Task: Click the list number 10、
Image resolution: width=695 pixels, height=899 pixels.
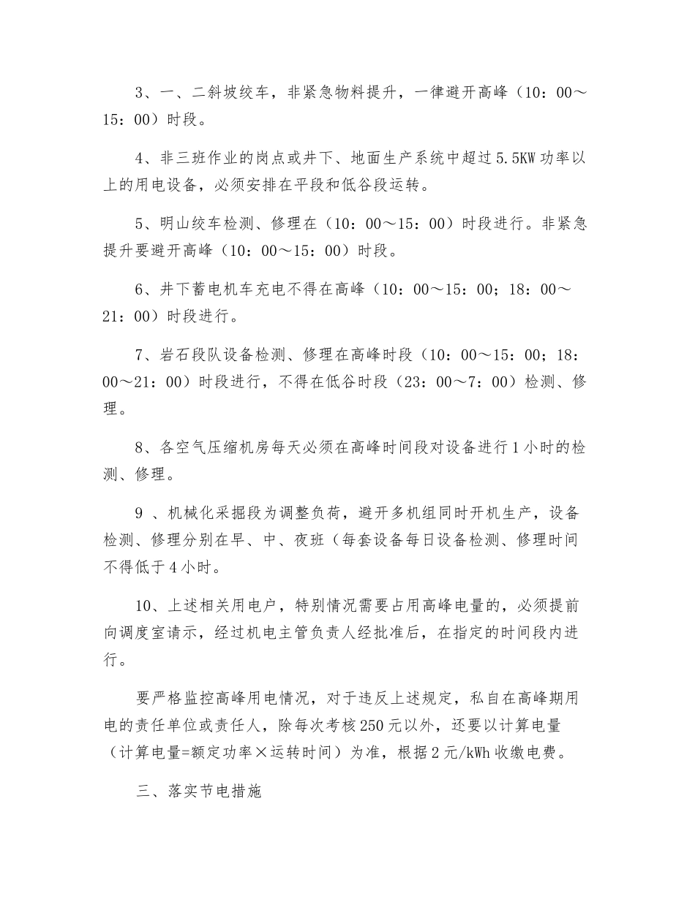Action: click(147, 606)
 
